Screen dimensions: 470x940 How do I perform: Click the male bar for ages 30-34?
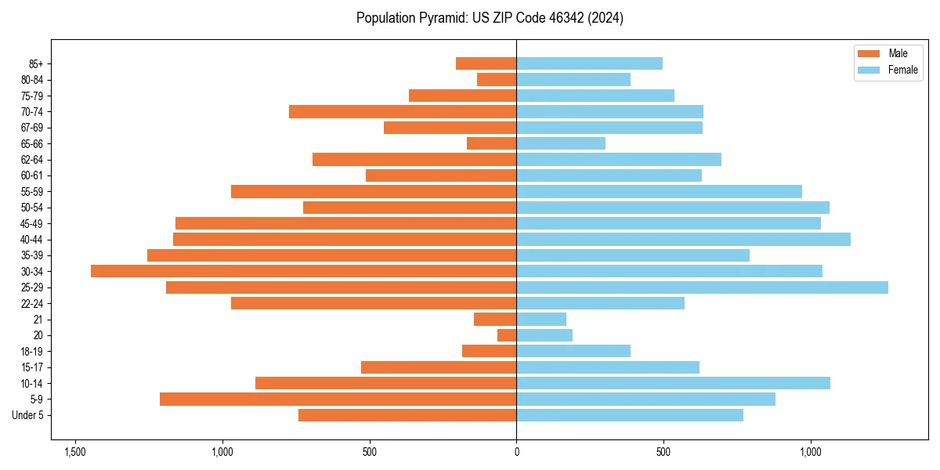click(303, 271)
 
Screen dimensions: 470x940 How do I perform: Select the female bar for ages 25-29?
click(702, 287)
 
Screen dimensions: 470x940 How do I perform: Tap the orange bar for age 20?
click(507, 335)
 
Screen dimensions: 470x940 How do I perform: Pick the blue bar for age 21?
click(541, 320)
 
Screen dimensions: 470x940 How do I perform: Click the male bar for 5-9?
click(338, 399)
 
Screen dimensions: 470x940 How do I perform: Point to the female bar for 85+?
click(589, 63)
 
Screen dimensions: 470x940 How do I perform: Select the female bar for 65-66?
click(561, 143)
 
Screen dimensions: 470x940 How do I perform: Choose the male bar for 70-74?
click(403, 111)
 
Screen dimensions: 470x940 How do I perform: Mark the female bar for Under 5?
click(630, 415)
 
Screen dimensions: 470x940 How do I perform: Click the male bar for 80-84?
click(497, 79)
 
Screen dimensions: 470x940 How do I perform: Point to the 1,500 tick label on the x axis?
click(75, 453)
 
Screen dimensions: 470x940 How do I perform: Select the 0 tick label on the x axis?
click(516, 453)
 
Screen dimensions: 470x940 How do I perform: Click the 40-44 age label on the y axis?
click(32, 240)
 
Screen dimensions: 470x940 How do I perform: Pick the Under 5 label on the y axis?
click(27, 415)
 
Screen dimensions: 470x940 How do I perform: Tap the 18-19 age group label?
click(32, 352)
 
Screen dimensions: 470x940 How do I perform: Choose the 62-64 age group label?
click(32, 160)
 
